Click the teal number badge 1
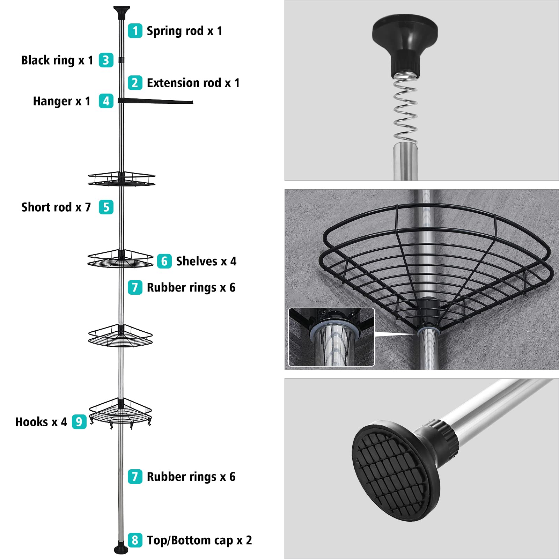coord(135,31)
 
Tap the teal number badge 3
coord(106,60)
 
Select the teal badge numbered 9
coord(79,422)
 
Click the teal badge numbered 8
coord(135,540)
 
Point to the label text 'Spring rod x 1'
coord(184,31)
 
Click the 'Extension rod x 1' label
coord(193,83)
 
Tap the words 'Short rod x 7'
coord(56,207)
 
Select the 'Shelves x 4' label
coord(206,261)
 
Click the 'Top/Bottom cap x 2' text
coord(199,540)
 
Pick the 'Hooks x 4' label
coord(41,422)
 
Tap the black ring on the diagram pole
coord(121,60)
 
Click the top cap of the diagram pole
coord(122,12)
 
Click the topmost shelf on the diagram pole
coord(121,178)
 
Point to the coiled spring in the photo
coord(405,108)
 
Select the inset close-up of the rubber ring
coord(331,337)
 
